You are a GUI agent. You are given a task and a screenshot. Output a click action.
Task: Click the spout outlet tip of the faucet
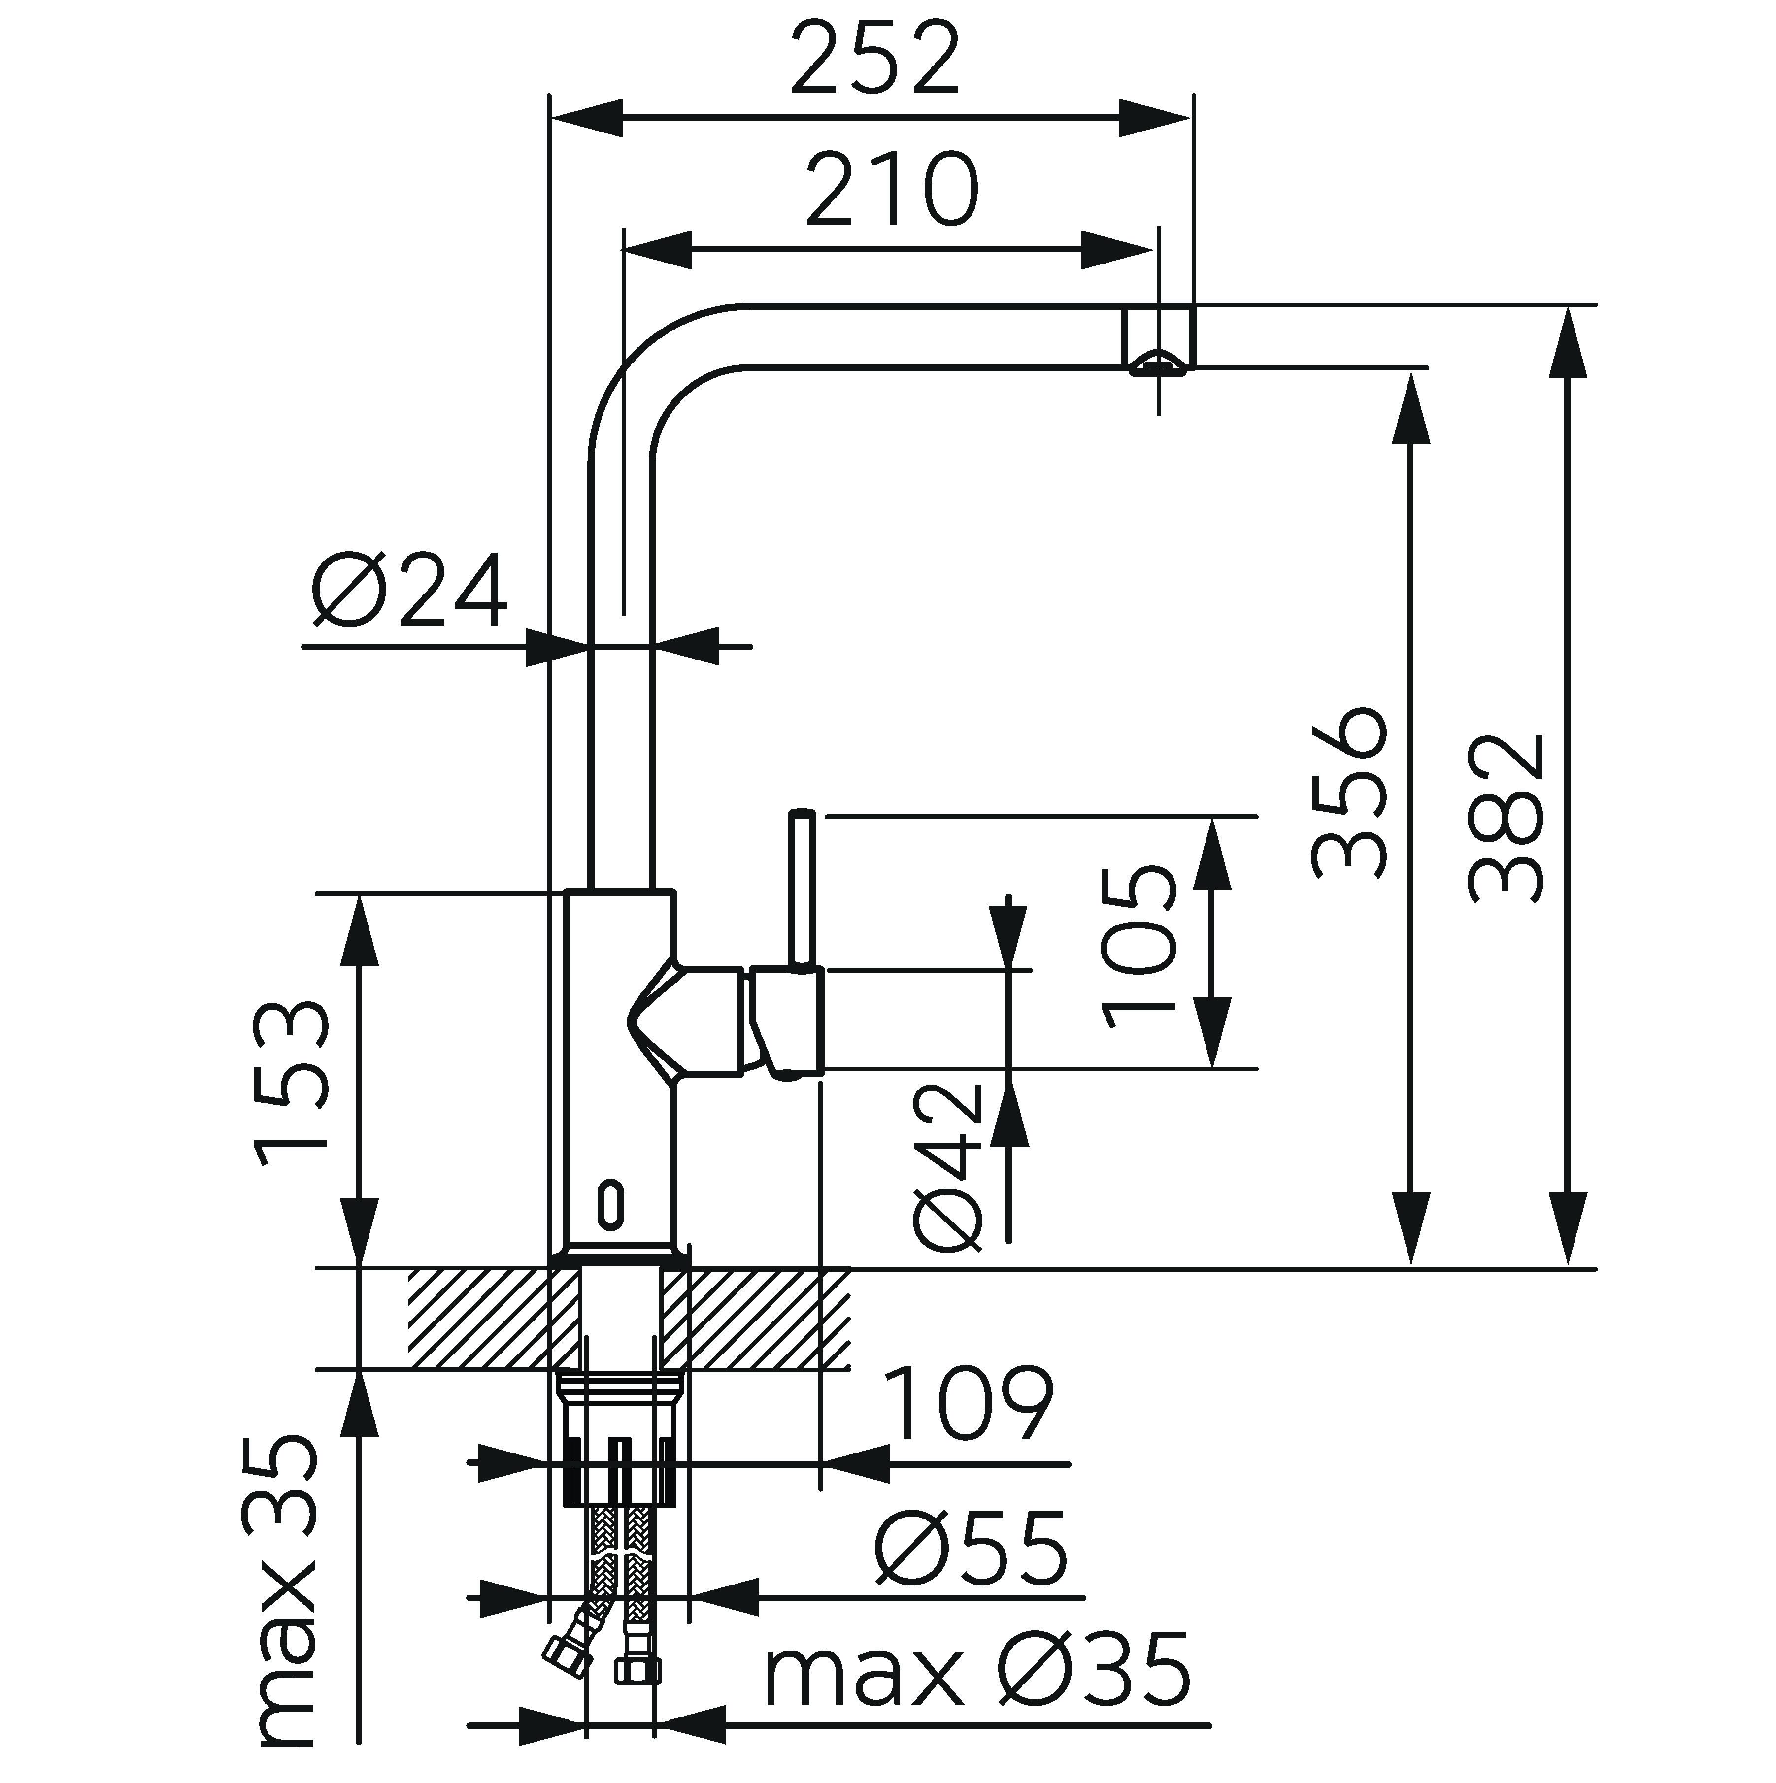pos(1158,363)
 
